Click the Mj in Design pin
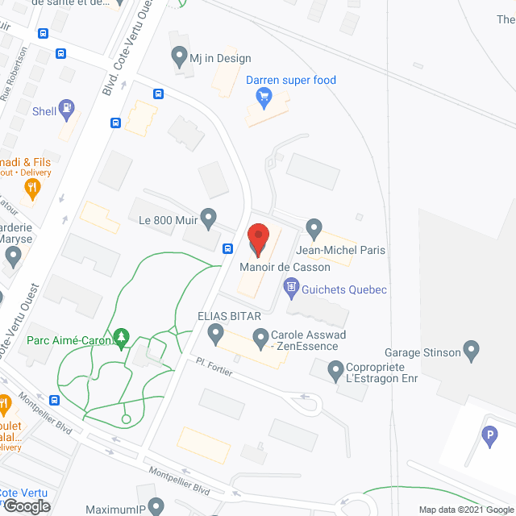(179, 57)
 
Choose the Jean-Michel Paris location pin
(314, 229)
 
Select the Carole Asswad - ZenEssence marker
(260, 336)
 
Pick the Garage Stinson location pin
(473, 351)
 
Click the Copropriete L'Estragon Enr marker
(336, 371)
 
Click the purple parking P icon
(488, 438)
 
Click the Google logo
(25, 506)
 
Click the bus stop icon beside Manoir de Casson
(228, 248)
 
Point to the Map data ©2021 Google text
(464, 510)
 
